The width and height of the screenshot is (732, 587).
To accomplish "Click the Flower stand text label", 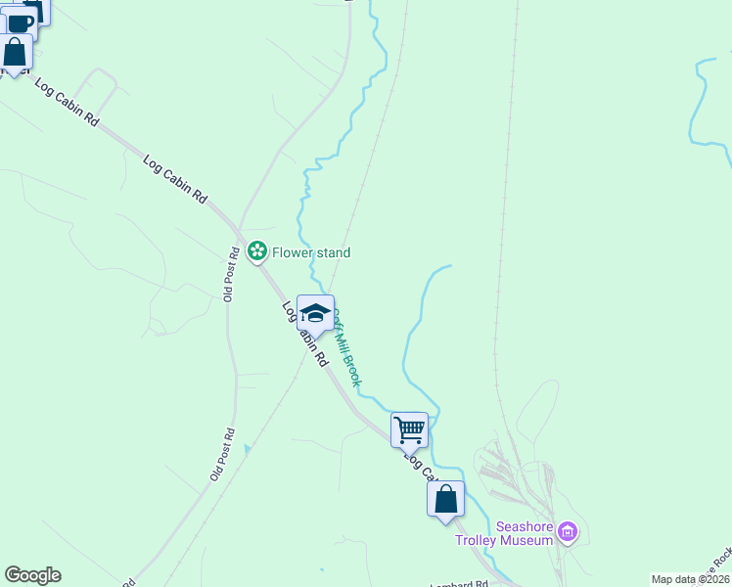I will click(310, 252).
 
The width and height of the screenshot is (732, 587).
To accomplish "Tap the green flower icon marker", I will click(257, 252).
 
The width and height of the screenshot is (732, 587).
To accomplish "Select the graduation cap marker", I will click(315, 313).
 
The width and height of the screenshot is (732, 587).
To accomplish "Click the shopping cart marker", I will click(409, 429).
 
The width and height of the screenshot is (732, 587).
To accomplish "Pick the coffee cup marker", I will click(20, 23).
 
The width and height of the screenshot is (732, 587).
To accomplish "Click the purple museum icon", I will click(568, 532).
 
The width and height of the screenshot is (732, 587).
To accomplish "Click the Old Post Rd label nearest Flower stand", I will click(231, 274).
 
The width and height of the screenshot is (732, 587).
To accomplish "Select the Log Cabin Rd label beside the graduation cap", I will click(304, 334).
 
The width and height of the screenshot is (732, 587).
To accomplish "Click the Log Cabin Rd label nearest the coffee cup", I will click(67, 102).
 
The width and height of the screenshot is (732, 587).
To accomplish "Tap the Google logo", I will click(32, 575).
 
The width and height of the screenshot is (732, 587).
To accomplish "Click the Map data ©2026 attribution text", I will click(690, 579).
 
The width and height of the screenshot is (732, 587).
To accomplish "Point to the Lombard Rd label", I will click(459, 584).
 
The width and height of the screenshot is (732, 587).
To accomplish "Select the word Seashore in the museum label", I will click(525, 525).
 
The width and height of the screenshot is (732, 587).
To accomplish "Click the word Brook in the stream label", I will click(351, 370).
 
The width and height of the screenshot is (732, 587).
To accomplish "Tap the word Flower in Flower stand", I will click(292, 252).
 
